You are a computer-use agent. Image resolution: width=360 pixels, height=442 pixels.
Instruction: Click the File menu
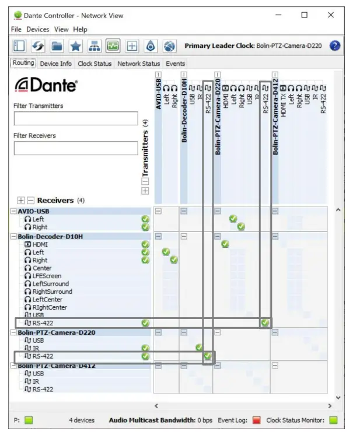tap(16, 29)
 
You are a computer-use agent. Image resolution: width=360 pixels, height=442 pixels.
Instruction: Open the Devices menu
tap(38, 29)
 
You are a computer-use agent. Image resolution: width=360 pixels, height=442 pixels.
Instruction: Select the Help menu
tap(80, 29)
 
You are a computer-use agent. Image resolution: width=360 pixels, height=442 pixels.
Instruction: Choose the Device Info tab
tap(56, 64)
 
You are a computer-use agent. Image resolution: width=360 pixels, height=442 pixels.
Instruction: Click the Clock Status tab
tap(95, 64)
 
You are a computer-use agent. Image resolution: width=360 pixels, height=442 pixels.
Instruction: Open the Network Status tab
tap(138, 64)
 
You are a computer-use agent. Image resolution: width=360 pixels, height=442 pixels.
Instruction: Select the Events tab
tap(175, 64)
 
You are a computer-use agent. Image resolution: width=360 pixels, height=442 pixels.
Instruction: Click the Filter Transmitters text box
tap(76, 118)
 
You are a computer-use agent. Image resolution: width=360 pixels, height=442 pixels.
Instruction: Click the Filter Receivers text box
tap(76, 148)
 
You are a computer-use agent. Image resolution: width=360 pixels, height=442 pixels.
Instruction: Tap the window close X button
tap(331, 15)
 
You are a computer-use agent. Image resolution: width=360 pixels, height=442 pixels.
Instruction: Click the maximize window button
tap(304, 15)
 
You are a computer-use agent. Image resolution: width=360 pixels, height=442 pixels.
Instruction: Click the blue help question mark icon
tap(335, 45)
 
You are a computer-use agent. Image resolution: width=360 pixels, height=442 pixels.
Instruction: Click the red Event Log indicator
tap(256, 420)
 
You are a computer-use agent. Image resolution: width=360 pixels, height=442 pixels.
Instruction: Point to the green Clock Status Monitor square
tap(333, 420)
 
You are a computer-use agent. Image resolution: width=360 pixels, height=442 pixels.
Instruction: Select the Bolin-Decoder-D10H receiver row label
tap(50, 237)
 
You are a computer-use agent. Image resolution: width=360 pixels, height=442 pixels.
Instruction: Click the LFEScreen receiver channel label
tap(46, 276)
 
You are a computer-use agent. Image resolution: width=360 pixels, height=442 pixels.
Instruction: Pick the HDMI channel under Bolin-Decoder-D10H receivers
tap(40, 245)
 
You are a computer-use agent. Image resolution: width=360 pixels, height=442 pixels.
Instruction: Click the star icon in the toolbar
tap(76, 45)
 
